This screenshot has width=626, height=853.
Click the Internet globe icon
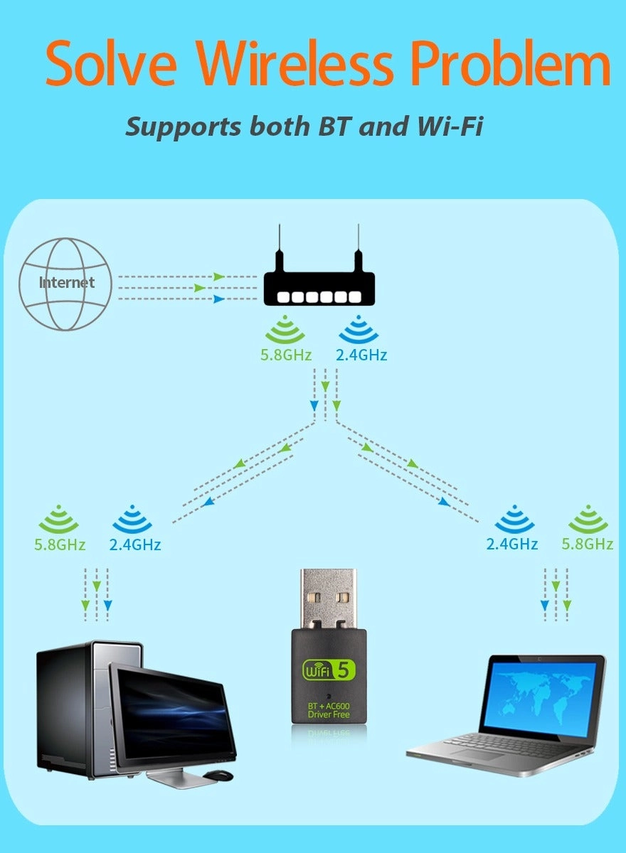[65, 284]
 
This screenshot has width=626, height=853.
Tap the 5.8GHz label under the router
[286, 355]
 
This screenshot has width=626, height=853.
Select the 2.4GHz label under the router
[362, 355]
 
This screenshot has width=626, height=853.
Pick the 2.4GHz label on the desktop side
[135, 545]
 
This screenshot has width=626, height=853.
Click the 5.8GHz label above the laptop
[587, 544]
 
